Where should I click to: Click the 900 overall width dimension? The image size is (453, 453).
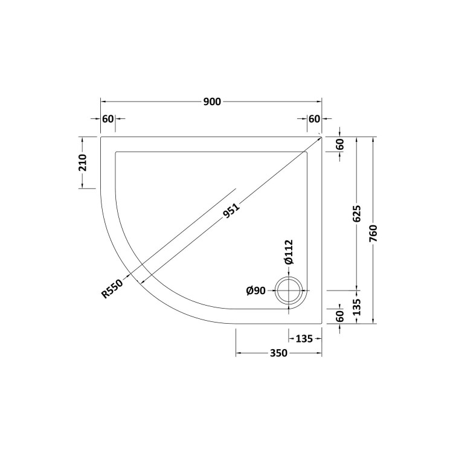pyautogui.click(x=211, y=101)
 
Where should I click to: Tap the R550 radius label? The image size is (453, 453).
pyautogui.click(x=112, y=289)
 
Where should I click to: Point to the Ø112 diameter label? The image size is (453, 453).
pyautogui.click(x=288, y=252)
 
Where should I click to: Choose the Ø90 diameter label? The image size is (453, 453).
pyautogui.click(x=256, y=291)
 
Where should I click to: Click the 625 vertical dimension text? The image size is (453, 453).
pyautogui.click(x=356, y=214)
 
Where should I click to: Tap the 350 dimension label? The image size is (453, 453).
pyautogui.click(x=278, y=353)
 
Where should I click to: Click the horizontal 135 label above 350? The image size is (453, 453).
pyautogui.click(x=304, y=338)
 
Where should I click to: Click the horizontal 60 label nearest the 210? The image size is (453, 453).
pyautogui.click(x=108, y=118)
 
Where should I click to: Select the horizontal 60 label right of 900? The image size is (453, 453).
pyautogui.click(x=314, y=118)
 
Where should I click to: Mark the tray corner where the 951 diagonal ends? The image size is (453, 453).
pyautogui.click(x=321, y=137)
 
